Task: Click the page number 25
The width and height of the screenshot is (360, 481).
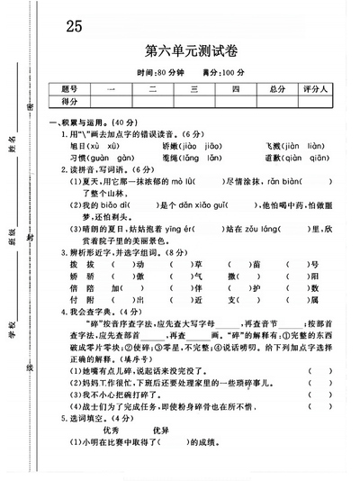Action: click(74, 26)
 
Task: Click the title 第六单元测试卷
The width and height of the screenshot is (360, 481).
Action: click(191, 51)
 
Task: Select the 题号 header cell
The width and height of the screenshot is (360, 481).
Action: click(70, 88)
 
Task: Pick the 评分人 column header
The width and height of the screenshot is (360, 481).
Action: click(317, 88)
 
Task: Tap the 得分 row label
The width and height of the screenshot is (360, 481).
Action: click(70, 101)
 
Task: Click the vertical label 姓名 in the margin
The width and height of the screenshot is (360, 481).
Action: click(12, 141)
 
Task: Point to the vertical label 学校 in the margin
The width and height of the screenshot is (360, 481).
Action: click(12, 330)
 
